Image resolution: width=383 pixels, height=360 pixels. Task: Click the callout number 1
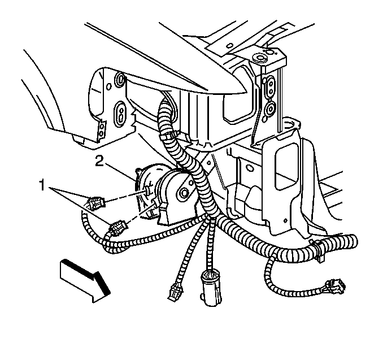pos(42,185)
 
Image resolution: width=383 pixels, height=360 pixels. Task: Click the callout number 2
pos(99,161)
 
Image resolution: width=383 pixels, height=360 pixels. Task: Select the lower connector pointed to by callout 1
pos(118,228)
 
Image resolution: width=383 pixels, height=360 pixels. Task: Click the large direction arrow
pos(85,281)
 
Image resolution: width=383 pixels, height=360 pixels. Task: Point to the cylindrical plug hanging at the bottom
pos(211,288)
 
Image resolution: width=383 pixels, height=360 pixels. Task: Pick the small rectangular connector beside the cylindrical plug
pos(175,291)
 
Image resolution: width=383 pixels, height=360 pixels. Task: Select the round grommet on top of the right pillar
pos(260,58)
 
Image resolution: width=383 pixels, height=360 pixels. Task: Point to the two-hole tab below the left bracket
pos(102,129)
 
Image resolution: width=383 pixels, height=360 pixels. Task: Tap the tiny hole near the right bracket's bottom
pos(285,221)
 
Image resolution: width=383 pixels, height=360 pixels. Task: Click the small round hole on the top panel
pos(229,46)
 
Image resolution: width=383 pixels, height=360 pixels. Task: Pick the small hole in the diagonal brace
pos(209,163)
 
